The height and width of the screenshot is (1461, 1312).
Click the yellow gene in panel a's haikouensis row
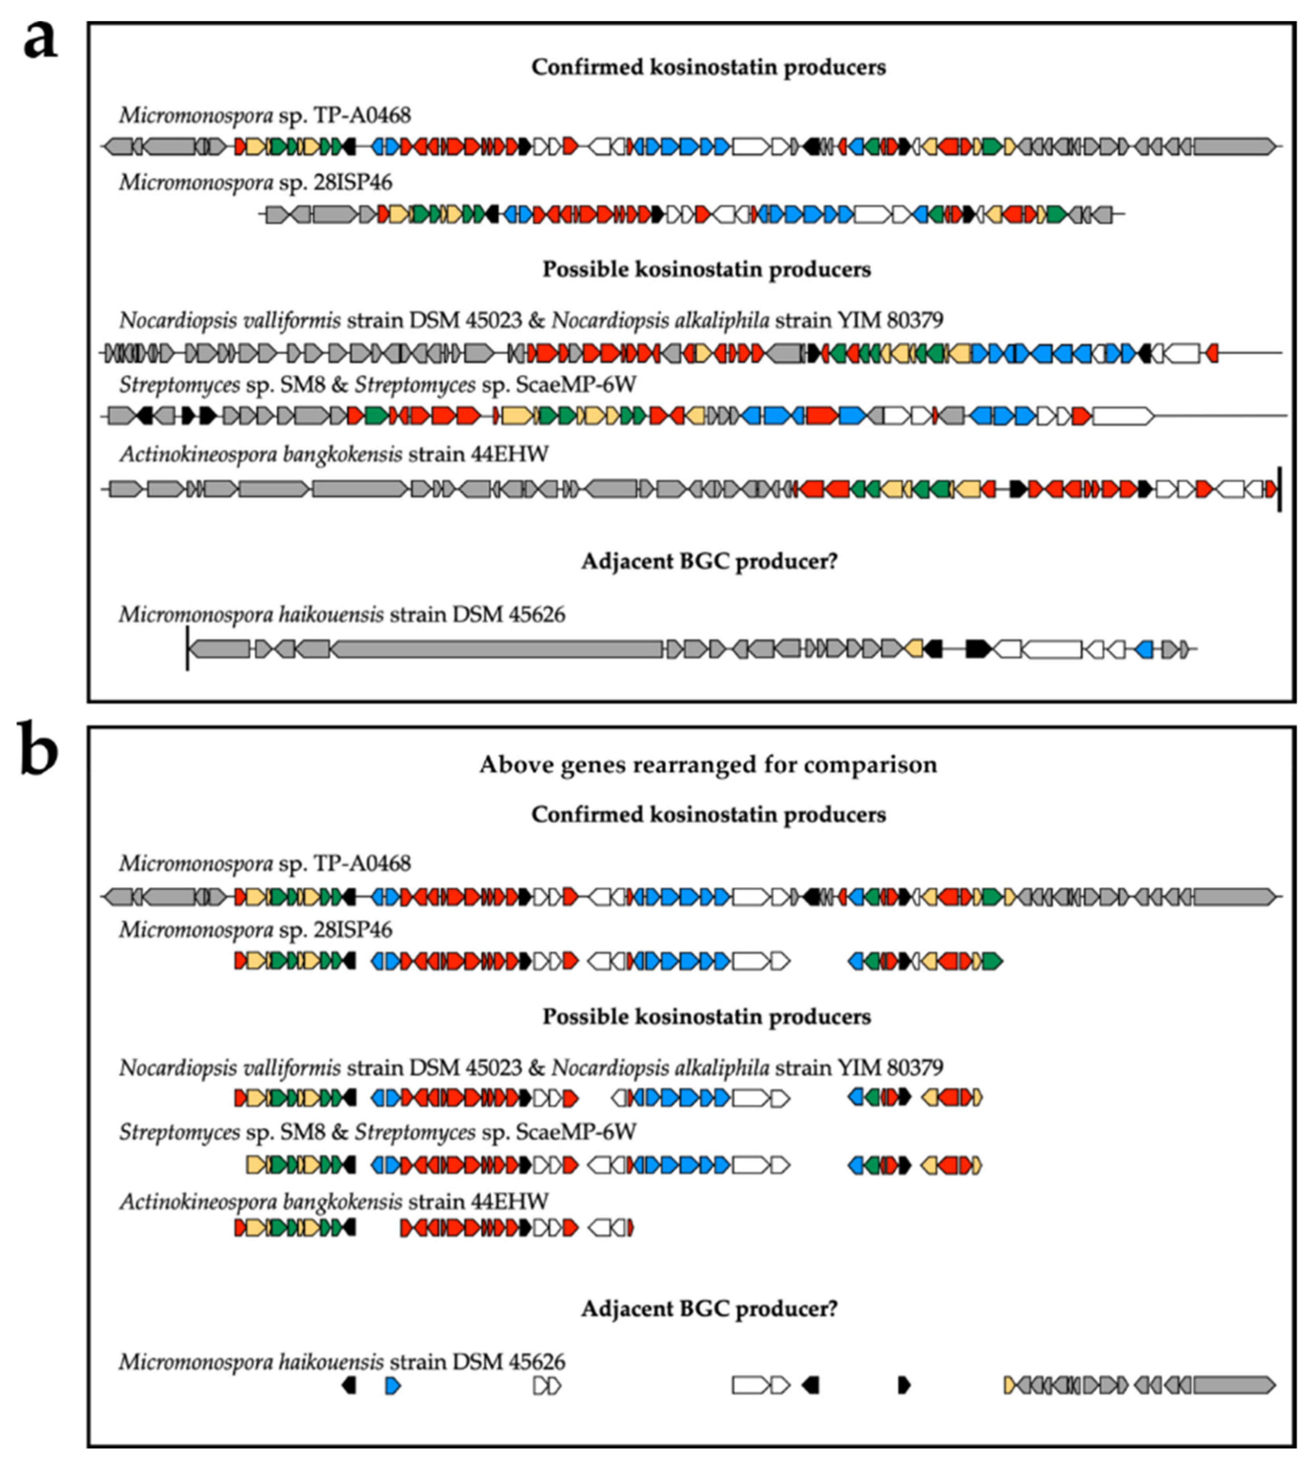tap(914, 649)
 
